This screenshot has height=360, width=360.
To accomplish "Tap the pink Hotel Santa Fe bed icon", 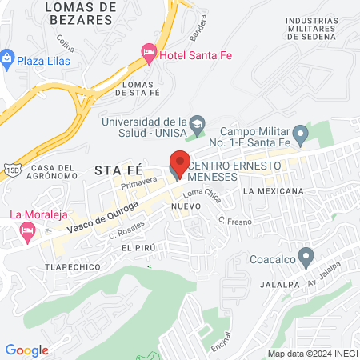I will tap(148, 53).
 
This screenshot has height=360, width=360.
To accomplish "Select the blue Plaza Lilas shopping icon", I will tap(7, 58).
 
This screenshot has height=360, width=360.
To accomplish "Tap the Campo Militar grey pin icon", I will tap(300, 134).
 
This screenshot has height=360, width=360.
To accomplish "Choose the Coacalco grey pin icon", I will tap(305, 258).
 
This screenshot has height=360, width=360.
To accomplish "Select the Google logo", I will tap(26, 350).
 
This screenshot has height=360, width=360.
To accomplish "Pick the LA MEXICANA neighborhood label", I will tap(274, 191).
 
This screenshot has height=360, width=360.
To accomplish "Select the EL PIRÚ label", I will tap(138, 249).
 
